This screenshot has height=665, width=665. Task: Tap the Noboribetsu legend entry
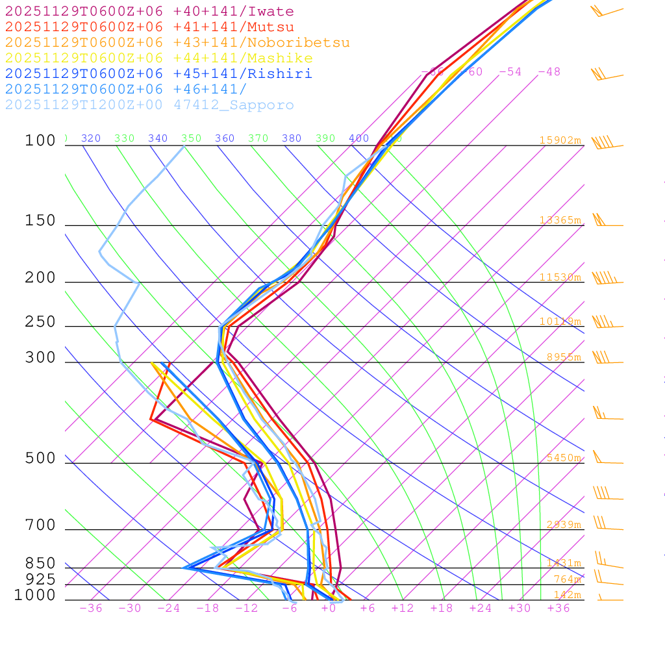(x=177, y=43)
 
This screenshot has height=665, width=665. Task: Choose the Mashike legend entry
(x=159, y=58)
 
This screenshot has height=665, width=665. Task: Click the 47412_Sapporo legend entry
(x=149, y=105)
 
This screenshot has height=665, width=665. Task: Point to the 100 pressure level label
(x=40, y=141)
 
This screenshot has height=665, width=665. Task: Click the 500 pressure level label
(x=40, y=459)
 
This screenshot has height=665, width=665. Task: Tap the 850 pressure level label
(x=40, y=564)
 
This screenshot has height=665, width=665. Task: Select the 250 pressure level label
(x=40, y=322)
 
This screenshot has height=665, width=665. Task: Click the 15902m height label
(x=560, y=140)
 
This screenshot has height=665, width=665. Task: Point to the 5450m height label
(x=563, y=458)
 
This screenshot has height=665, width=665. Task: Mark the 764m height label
(x=567, y=579)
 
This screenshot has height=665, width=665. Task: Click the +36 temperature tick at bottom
(x=558, y=609)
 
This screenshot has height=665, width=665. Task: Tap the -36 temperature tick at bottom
(x=91, y=609)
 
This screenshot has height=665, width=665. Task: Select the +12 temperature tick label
(x=403, y=609)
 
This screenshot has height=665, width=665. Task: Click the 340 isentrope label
(x=158, y=138)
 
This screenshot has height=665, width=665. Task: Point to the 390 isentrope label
(x=325, y=138)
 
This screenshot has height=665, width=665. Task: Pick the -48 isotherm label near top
(x=549, y=72)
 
